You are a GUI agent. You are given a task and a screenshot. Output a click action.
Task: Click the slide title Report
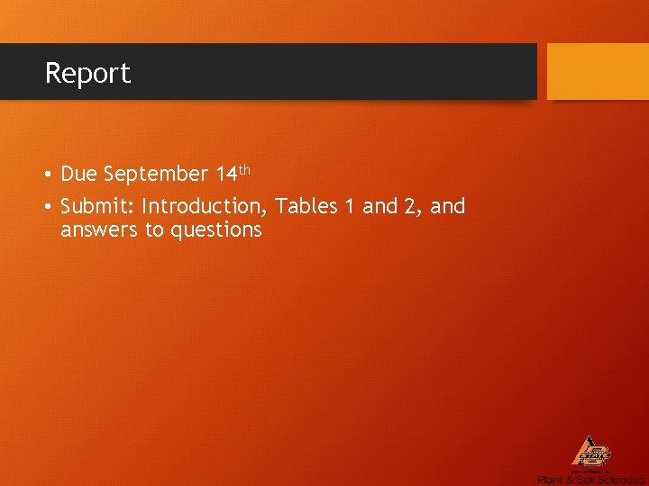coord(87,73)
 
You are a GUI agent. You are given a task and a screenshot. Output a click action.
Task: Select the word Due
coord(79,174)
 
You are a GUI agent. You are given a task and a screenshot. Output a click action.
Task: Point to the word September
coord(156,174)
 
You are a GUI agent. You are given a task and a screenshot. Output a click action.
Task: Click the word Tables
coord(306,207)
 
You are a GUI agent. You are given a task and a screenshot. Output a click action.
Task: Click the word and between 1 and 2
coord(379,207)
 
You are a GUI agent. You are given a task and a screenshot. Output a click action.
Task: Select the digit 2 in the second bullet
coord(411,207)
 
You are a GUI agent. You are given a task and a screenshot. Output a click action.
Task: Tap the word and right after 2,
coord(448,207)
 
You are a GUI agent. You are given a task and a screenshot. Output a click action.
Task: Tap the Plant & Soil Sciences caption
coord(590,480)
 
